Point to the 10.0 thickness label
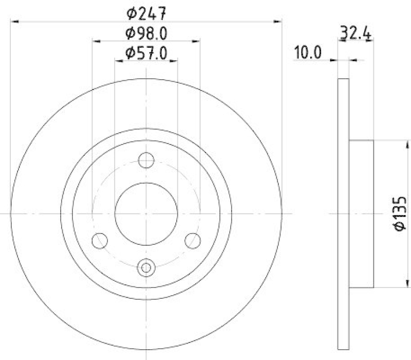point(307,52)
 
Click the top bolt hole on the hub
point(146,160)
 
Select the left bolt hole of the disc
point(99,240)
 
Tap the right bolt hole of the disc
point(193,240)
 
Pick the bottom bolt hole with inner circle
point(146,267)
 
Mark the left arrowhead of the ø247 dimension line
point(14,22)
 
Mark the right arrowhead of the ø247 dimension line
point(278,22)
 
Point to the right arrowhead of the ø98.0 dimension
point(197,40)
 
